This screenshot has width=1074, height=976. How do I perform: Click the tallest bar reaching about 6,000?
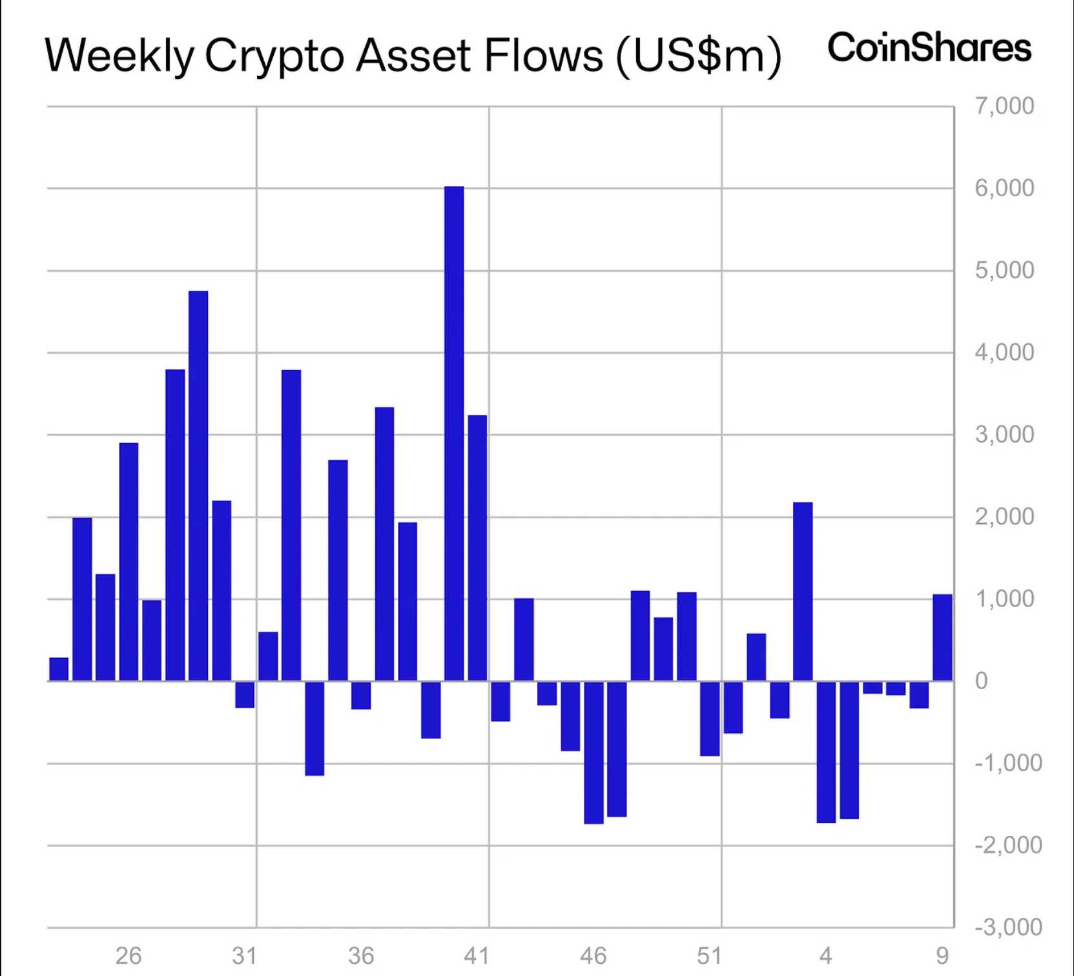(454, 433)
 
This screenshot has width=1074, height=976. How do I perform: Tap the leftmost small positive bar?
(59, 669)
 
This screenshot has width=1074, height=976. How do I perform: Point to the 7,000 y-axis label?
(1004, 106)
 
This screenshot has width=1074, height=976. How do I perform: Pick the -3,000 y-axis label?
(1007, 927)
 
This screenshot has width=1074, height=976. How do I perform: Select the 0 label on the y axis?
(981, 681)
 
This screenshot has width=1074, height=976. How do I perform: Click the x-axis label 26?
(128, 955)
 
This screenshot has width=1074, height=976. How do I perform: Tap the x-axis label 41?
(477, 955)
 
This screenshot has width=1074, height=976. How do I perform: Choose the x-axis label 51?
(709, 955)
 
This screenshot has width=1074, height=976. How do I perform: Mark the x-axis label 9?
(942, 955)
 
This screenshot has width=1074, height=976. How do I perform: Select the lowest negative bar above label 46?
(594, 753)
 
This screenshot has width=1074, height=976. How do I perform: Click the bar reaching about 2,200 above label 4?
(803, 591)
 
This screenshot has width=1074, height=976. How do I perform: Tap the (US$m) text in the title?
(699, 56)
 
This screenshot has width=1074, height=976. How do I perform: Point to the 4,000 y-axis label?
(1004, 353)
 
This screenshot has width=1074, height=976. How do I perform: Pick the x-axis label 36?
(360, 955)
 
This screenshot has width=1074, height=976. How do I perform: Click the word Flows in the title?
(542, 56)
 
